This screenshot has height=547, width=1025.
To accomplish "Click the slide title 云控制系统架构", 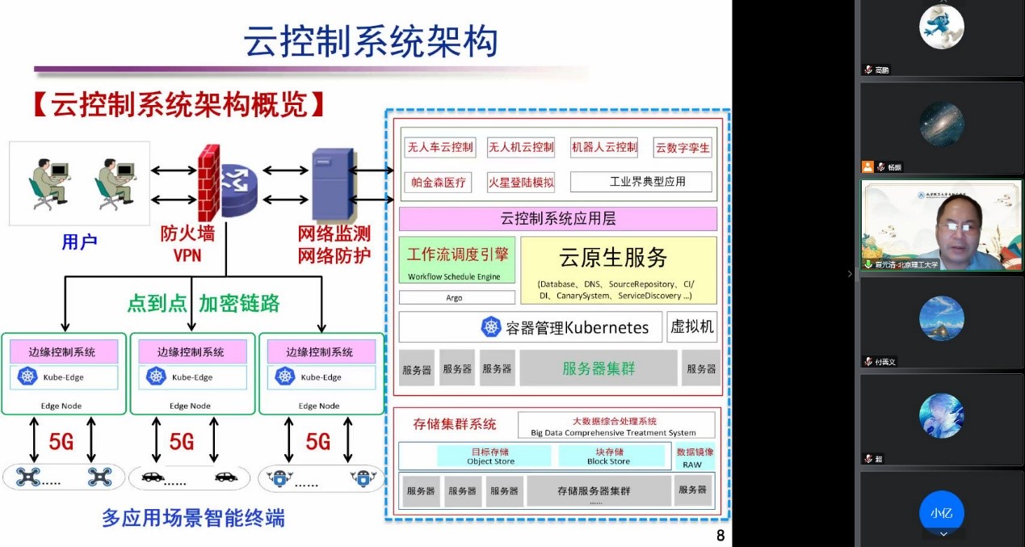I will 371,42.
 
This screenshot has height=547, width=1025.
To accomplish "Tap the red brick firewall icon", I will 209,184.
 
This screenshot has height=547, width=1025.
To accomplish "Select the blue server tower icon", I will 333,184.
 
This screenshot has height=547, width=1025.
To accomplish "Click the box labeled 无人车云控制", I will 439,147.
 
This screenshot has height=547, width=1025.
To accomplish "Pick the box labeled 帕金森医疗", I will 439,182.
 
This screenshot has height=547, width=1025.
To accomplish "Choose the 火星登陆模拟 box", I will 521,182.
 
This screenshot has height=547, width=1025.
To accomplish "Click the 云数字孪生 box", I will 683,147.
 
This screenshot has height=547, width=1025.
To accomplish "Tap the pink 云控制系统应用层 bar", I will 558,219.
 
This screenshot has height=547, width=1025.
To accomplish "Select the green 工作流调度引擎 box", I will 457,260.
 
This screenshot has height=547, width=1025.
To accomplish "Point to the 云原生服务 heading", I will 613,257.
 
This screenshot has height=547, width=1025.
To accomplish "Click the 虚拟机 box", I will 691,326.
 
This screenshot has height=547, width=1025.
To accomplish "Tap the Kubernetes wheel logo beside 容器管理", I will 491,327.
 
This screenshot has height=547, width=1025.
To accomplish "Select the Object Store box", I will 491,457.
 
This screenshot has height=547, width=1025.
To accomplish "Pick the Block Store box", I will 610,457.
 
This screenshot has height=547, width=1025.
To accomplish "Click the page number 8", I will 720,535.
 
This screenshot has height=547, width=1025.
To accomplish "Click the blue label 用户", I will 79,242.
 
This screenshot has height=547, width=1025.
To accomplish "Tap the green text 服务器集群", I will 599,368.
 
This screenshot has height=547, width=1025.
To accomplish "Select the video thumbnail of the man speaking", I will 941,225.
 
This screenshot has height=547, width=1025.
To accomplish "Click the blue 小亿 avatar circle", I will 941,512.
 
